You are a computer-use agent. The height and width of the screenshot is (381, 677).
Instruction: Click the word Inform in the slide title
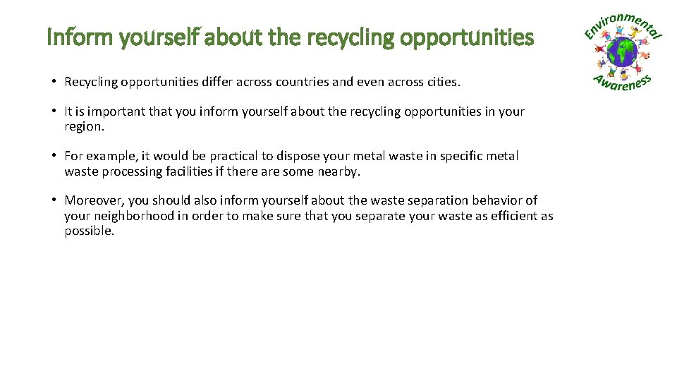[x=68, y=37]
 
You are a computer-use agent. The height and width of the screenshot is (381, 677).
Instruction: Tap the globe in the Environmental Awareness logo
[x=623, y=52]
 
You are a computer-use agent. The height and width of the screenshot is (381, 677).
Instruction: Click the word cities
[x=442, y=82]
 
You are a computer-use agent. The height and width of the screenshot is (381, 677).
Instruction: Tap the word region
[x=83, y=126]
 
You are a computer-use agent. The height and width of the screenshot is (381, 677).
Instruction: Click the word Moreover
[x=94, y=200]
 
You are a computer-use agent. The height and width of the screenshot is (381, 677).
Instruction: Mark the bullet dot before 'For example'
[x=54, y=156]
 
